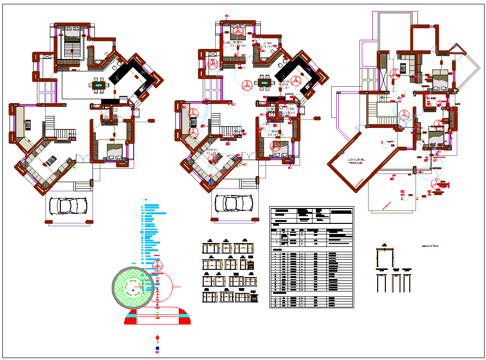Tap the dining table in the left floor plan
point(98,85)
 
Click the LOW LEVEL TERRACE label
point(355,162)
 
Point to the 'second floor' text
point(430,246)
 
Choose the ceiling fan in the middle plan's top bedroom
point(238,33)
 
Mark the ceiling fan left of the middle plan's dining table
point(247,85)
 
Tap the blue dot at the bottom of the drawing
point(157,348)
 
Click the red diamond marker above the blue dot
point(157,338)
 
